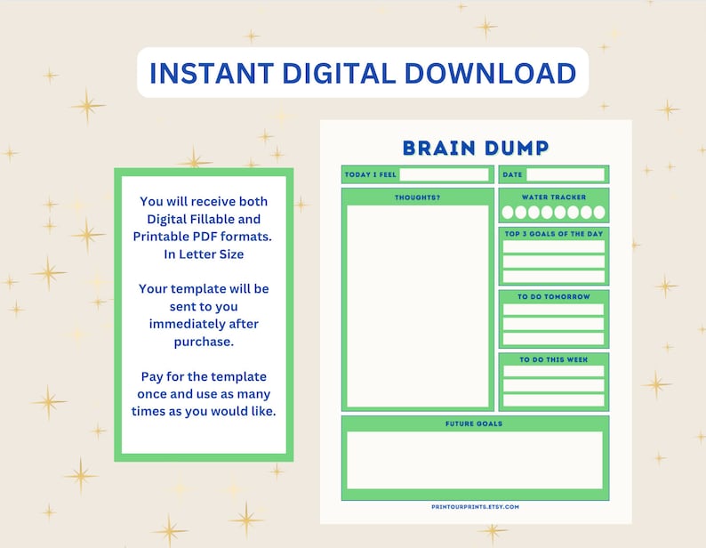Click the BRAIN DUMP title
pos(475,148)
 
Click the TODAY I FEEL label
pos(370,174)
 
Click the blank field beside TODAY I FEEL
pos(444,174)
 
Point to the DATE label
pos(513,174)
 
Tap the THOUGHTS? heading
pos(417,197)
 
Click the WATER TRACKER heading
pos(553,197)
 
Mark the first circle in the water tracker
pos(508,213)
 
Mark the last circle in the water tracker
pos(599,213)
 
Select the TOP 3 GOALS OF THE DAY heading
pos(553,234)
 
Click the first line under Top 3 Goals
pos(553,246)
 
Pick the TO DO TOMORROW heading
pos(553,297)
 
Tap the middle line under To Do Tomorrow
pos(553,325)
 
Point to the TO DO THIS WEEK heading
pos(553,359)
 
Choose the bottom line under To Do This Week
pos(553,400)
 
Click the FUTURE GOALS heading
pos(474,423)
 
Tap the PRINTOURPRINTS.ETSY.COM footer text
pos(474,507)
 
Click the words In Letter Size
pos(204,254)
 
